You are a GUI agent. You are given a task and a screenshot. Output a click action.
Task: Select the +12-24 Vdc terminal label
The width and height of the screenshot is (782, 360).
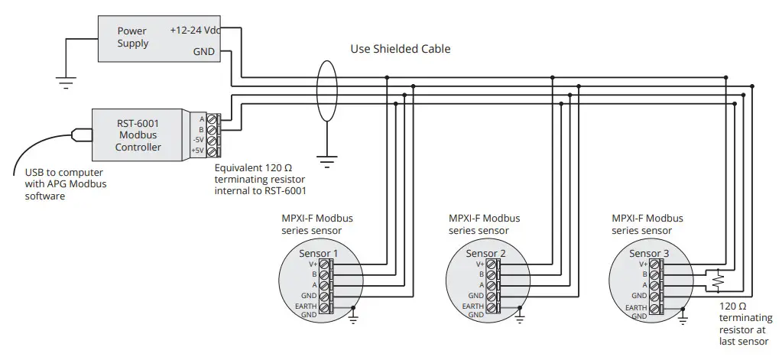pos(194,31)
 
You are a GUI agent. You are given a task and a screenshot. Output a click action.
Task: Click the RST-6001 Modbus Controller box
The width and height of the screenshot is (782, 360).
pos(138,135)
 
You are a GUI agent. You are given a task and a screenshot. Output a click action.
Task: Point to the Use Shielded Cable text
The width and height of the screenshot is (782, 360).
pos(400,49)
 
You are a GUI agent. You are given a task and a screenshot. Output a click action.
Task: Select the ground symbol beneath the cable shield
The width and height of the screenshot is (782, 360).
pos(327,161)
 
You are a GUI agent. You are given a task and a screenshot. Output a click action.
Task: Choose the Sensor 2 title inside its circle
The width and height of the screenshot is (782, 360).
pos(485,253)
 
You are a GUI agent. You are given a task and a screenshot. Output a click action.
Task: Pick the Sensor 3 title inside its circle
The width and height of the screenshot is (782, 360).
pos(649,253)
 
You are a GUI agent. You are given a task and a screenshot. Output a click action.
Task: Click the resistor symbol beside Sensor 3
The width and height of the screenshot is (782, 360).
pos(717,281)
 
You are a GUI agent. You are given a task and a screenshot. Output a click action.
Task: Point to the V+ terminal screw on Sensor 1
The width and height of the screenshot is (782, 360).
pos(325,264)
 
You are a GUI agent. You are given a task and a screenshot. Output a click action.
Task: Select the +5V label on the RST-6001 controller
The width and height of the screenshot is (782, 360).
pos(198,151)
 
